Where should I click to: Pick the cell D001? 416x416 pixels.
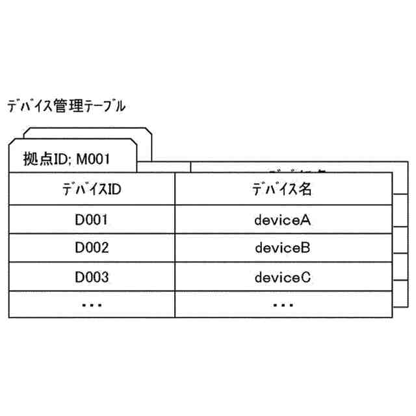(x=92, y=219)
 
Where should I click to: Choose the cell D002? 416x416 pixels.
(x=92, y=248)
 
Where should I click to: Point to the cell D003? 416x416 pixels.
(x=92, y=277)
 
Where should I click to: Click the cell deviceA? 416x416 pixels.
(x=283, y=219)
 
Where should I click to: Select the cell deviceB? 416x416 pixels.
(x=283, y=248)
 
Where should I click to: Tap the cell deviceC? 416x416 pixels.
(x=283, y=277)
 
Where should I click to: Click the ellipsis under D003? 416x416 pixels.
(x=92, y=304)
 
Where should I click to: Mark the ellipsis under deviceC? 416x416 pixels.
(x=283, y=304)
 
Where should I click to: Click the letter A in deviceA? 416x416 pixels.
(x=307, y=219)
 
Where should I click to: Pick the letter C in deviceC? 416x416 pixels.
(x=307, y=277)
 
